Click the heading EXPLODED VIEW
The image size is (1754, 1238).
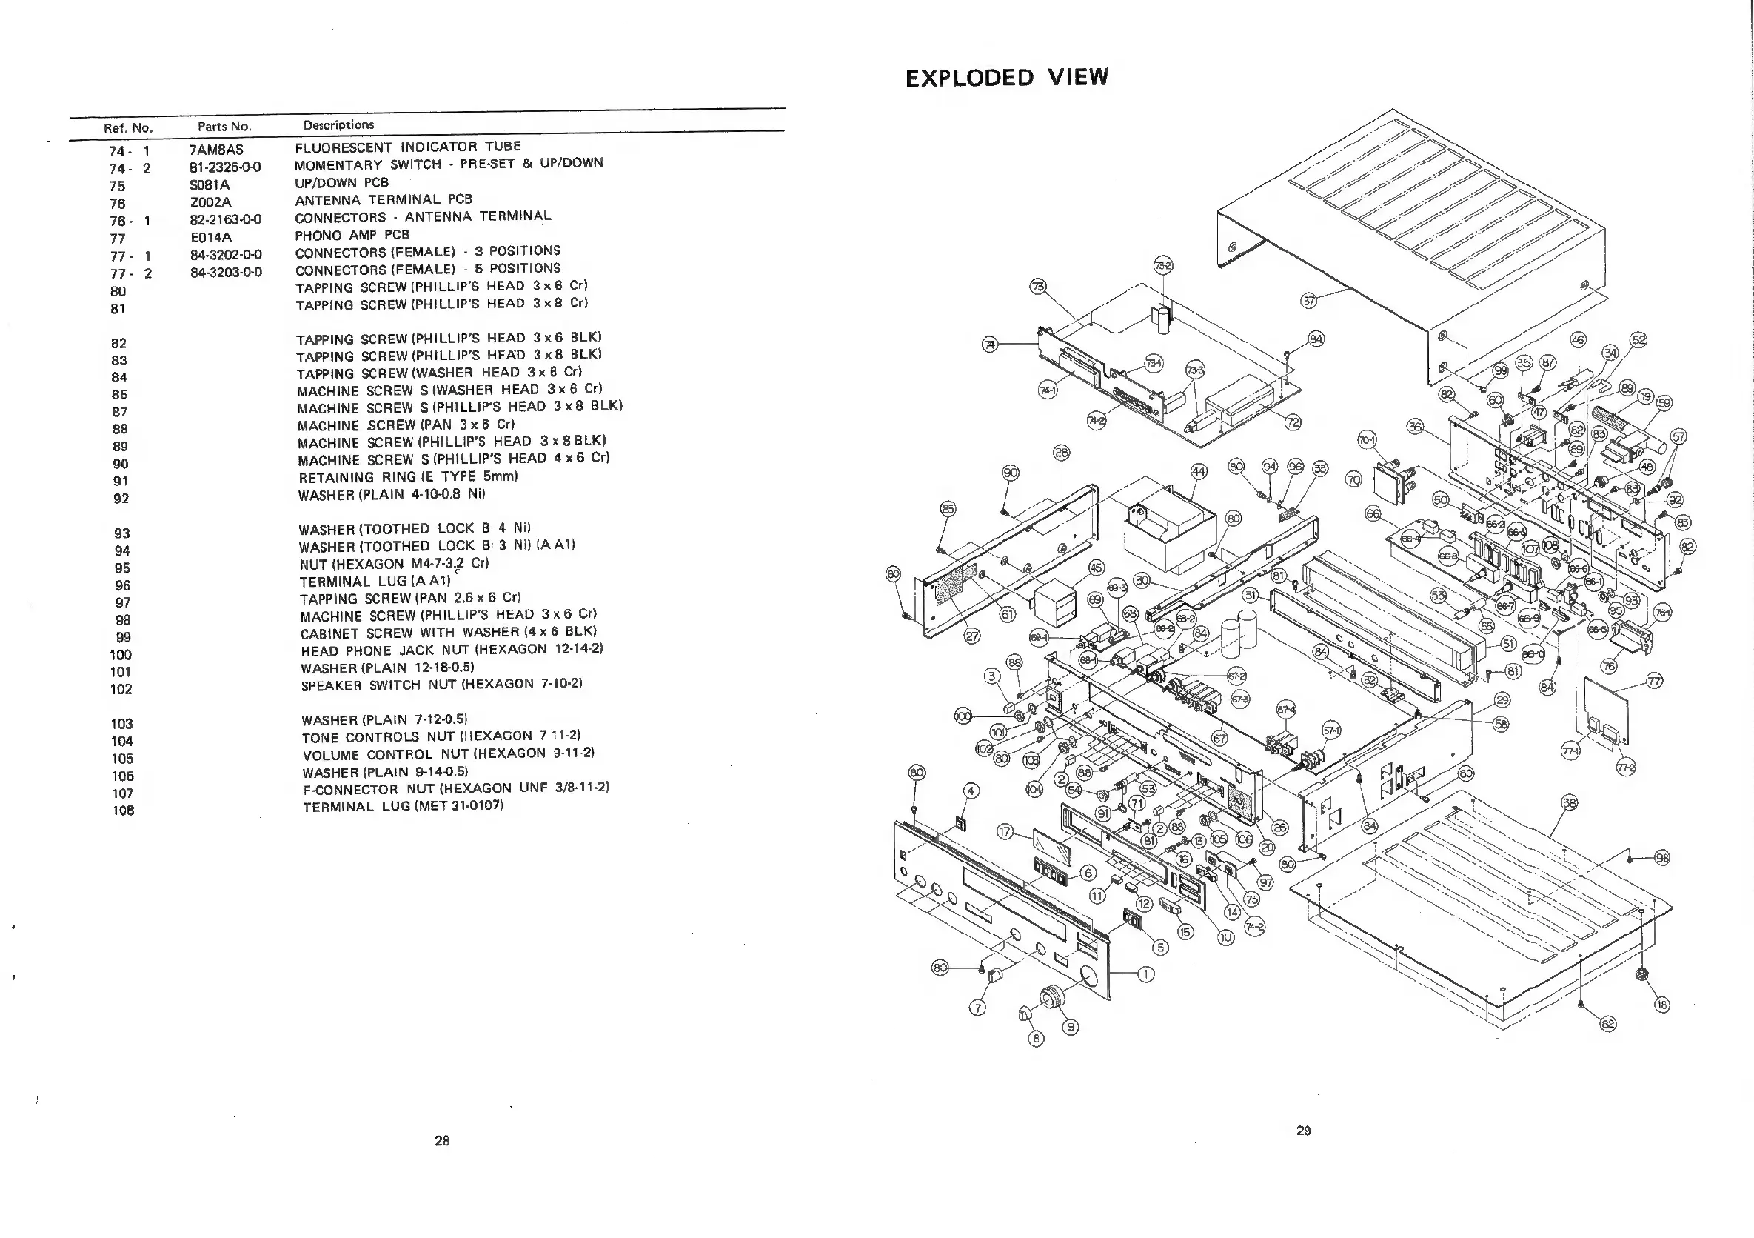coord(1006,77)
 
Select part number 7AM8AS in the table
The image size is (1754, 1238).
coord(216,150)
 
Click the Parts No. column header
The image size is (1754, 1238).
coord(224,127)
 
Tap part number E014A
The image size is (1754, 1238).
coord(211,238)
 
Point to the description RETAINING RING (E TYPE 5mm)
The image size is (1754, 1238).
coord(408,477)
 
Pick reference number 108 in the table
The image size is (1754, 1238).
coord(123,811)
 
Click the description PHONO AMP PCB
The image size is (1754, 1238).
coord(352,235)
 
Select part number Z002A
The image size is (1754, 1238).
coord(211,202)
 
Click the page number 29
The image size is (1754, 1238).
coord(1303,1131)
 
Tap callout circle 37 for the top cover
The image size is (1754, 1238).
coord(1309,300)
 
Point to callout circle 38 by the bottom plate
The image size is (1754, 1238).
coord(1569,802)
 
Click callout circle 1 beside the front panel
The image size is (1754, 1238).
coord(1146,974)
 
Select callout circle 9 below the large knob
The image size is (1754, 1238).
coord(1071,1027)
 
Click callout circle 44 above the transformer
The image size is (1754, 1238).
coord(1199,471)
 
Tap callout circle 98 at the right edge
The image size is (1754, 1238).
coord(1662,857)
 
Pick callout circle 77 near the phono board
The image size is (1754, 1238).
coord(1654,681)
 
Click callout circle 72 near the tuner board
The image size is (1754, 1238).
coord(1293,422)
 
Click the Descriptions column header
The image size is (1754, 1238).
coord(338,124)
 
